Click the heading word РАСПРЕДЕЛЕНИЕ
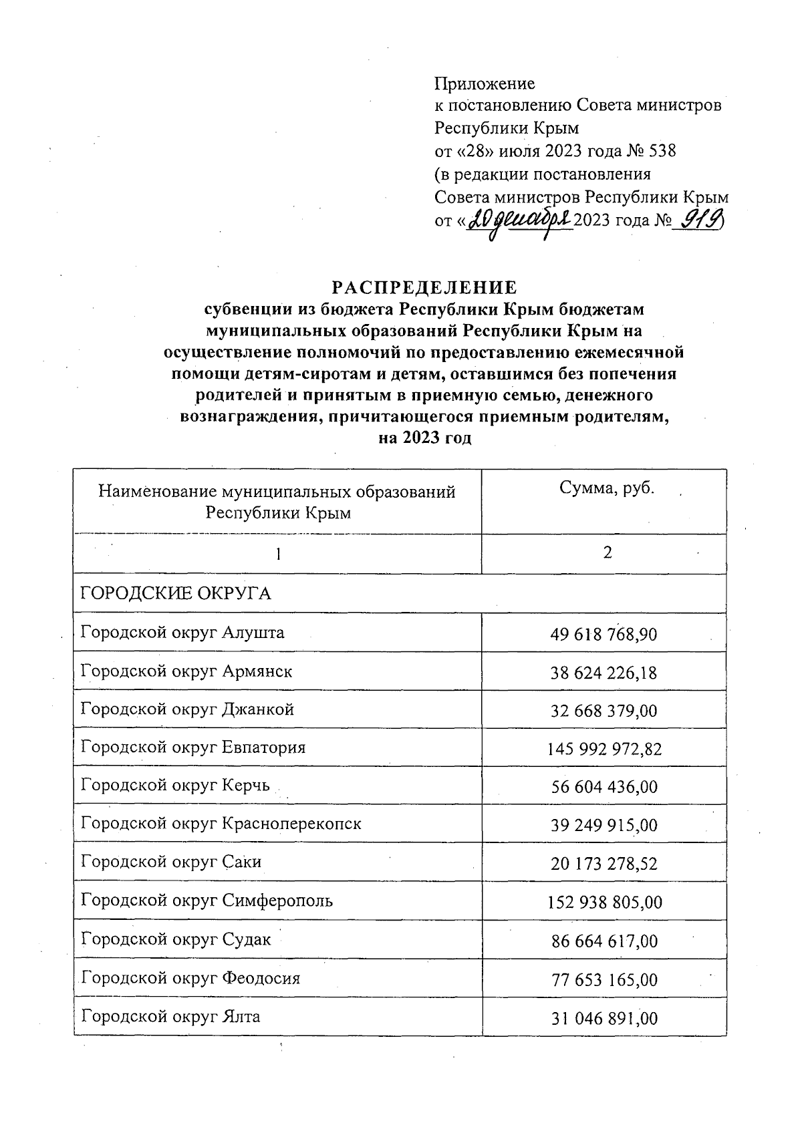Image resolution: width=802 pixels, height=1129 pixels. click(x=425, y=287)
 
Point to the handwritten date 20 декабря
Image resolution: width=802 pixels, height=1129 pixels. click(x=519, y=220)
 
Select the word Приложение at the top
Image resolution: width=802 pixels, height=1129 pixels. click(x=485, y=84)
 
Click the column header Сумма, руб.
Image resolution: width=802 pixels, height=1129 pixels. click(x=607, y=488)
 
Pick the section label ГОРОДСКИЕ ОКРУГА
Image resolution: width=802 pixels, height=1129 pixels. click(x=176, y=593)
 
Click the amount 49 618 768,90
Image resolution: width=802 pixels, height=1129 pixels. click(x=604, y=634)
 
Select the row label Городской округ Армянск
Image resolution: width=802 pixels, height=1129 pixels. click(x=186, y=671)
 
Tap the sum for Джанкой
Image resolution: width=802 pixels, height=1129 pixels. click(x=604, y=711)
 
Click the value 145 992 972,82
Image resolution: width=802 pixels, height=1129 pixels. click(x=604, y=749)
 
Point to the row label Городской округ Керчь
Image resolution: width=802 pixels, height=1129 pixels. click(x=175, y=785)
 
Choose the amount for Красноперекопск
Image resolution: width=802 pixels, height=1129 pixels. click(x=604, y=826)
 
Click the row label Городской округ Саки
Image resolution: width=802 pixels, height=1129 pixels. click(x=171, y=862)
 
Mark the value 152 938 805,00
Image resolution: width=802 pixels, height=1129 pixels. click(x=604, y=903)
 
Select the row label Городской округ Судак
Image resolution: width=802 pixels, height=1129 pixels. click(x=176, y=939)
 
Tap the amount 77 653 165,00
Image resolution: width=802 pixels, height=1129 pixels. click(x=604, y=980)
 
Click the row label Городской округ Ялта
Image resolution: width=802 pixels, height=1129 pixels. click(x=170, y=1017)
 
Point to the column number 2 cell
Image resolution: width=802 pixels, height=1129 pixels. click(x=607, y=552)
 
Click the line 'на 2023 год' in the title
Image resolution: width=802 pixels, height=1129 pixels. click(x=425, y=438)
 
